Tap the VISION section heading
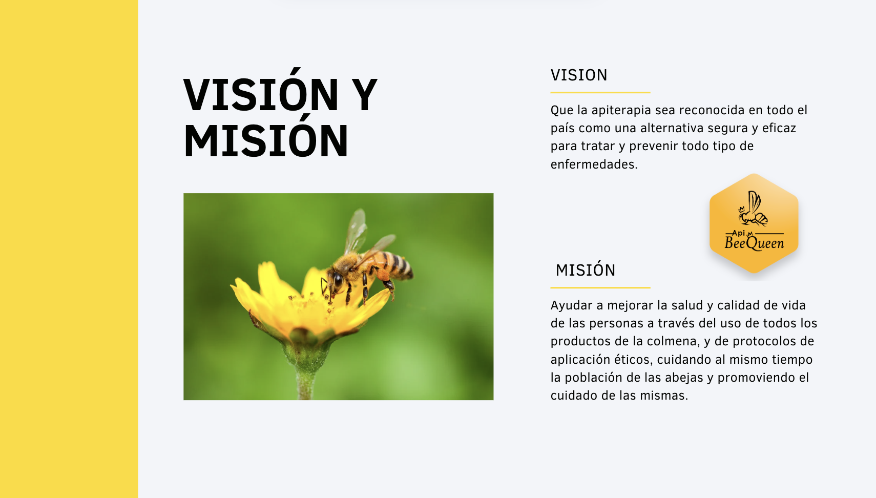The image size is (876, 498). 579,75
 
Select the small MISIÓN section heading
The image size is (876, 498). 586,270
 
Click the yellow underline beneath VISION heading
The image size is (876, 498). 600,93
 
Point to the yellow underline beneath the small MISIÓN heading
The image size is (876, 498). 600,287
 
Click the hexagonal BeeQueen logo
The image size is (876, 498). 754,223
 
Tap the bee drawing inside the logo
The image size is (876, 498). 753,209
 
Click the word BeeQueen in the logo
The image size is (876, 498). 754,243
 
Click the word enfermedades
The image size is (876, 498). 594,164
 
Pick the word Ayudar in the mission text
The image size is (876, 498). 571,306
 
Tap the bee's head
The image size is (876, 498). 336,279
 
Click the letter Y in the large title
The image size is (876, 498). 362,95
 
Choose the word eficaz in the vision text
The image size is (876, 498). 779,128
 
